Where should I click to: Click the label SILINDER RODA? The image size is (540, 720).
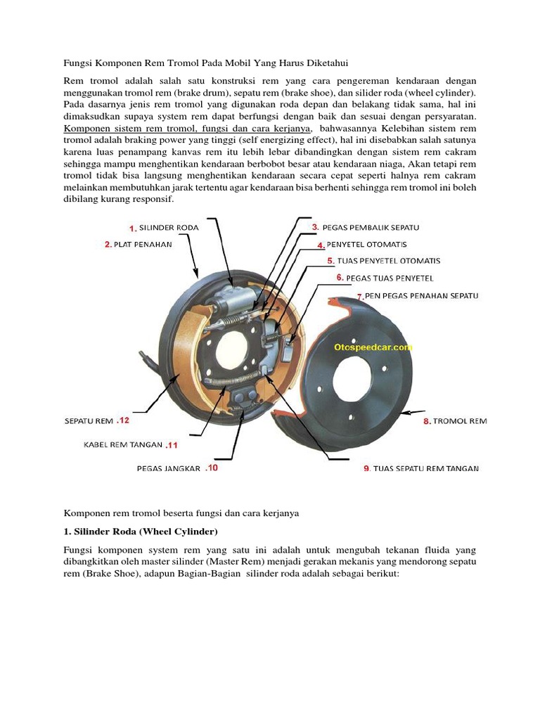169,228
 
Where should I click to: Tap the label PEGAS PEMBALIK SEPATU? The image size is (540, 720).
371,227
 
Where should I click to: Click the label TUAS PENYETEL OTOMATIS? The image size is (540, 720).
389,261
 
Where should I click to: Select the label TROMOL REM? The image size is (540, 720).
460,421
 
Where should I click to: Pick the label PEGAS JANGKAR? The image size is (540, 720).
169,468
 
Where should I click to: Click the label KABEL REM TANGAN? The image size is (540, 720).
123,445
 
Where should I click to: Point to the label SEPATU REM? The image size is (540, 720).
89,421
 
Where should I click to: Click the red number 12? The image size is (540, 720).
124,421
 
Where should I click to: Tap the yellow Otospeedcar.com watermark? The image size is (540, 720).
373,347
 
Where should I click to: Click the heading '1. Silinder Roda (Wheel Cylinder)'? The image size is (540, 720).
141,530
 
